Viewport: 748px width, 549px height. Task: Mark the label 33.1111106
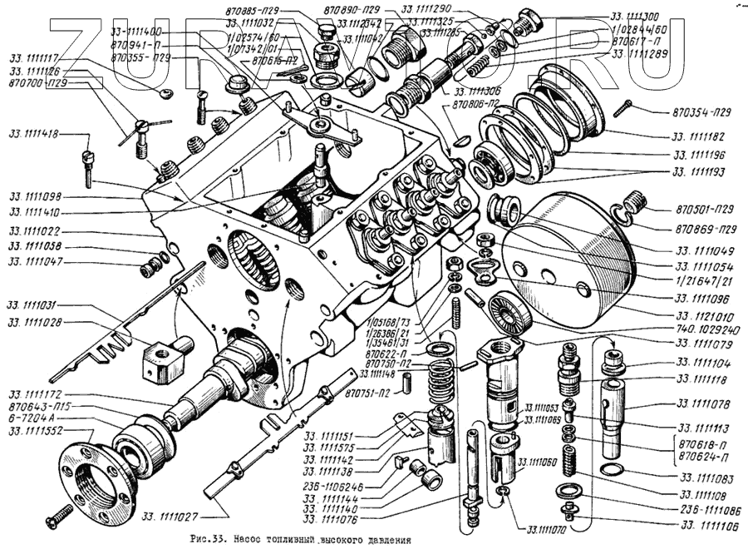pos(708,525)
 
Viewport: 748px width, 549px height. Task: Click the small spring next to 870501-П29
pos(634,203)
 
